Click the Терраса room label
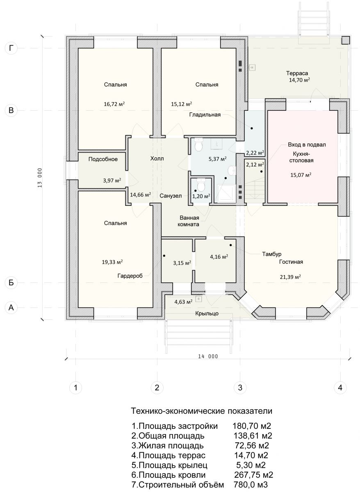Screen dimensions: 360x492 297,73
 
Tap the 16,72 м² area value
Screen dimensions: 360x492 114,104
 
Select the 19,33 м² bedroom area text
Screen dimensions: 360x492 112,262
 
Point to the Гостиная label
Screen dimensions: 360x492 291,262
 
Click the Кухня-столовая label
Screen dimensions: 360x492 301,157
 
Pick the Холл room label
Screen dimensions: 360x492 157,158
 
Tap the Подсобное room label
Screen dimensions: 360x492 103,159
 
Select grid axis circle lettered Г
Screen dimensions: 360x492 11,48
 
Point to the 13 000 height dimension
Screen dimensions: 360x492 40,178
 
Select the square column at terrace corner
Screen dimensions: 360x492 345,40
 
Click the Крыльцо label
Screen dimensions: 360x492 207,313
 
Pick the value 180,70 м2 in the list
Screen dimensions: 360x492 252,426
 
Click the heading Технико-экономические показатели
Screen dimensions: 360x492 202,411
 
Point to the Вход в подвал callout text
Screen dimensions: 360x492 307,145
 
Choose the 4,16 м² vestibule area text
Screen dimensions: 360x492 219,257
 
